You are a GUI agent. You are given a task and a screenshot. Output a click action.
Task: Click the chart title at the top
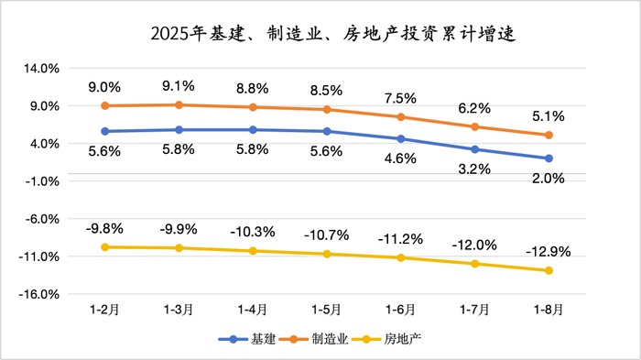pyautogui.click(x=320, y=35)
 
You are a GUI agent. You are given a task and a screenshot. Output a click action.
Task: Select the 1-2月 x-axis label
pyautogui.click(x=104, y=310)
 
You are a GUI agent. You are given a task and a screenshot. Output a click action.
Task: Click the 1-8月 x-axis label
pyautogui.click(x=549, y=310)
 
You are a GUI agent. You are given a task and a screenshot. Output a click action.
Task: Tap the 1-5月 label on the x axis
pyautogui.click(x=326, y=310)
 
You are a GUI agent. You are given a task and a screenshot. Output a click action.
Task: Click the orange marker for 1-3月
pyautogui.click(x=179, y=104)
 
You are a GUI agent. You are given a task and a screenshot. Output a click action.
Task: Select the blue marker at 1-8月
pyautogui.click(x=549, y=158)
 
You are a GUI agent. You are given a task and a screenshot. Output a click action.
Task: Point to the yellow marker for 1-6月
pyautogui.click(x=400, y=257)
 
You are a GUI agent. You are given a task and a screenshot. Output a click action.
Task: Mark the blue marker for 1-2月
pyautogui.click(x=104, y=131)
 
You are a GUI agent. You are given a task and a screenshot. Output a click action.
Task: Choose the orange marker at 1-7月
pyautogui.click(x=474, y=126)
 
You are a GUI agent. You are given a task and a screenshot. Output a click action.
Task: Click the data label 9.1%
pyautogui.click(x=179, y=87)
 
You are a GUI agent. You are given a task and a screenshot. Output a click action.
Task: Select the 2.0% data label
pyautogui.click(x=549, y=179)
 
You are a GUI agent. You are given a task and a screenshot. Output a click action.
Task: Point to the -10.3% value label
pyautogui.click(x=253, y=232)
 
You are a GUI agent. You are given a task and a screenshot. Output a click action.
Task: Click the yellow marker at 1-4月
pyautogui.click(x=253, y=251)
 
